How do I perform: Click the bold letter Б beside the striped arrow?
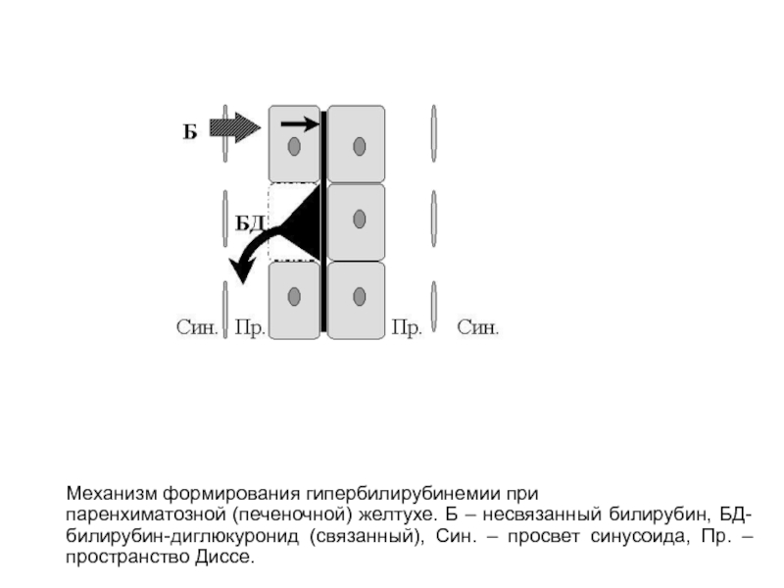[x=190, y=131]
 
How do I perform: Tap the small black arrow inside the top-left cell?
[x=300, y=123]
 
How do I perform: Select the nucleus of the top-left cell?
[x=294, y=146]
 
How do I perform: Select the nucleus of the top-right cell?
[x=359, y=146]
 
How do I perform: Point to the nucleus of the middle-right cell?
[x=359, y=219]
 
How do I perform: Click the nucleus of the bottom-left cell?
[x=294, y=297]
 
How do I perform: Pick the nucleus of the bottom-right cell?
[x=359, y=297]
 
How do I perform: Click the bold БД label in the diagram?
[x=250, y=223]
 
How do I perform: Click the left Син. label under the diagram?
[x=197, y=327]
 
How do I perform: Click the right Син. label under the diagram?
[x=478, y=327]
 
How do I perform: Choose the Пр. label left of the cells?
[x=250, y=328]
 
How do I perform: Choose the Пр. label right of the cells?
[x=407, y=328]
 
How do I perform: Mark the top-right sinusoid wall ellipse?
[x=433, y=133]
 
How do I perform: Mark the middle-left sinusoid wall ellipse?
[x=225, y=219]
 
